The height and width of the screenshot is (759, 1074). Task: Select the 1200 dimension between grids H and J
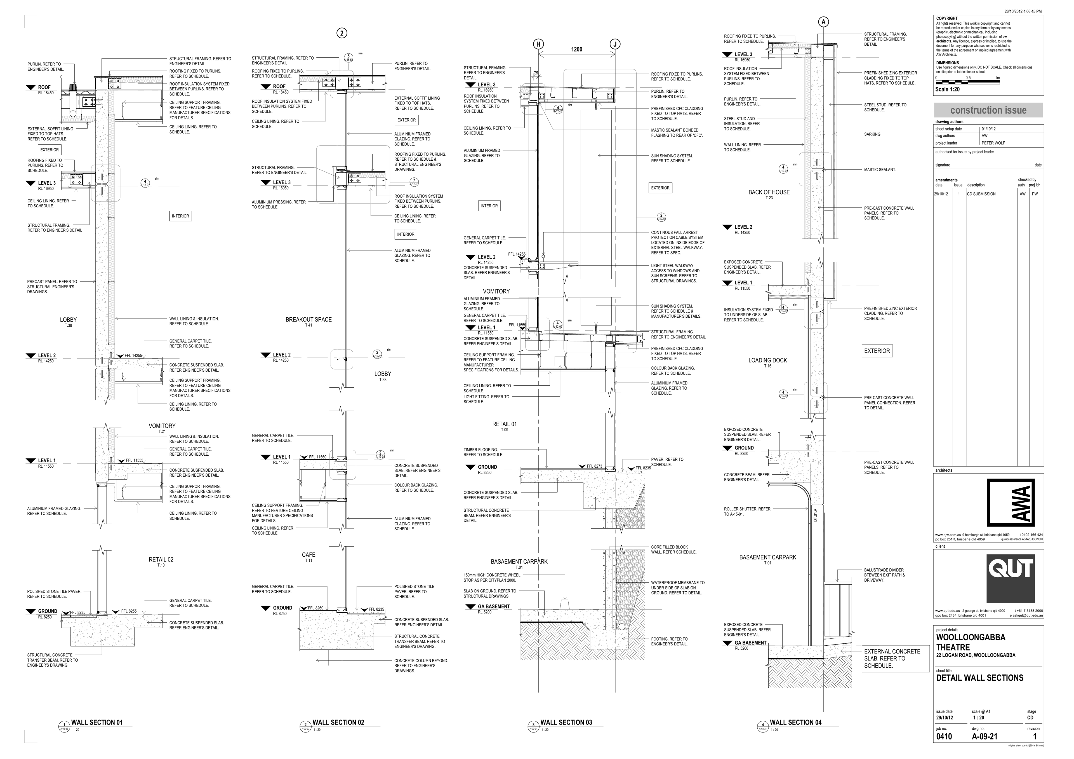pyautogui.click(x=577, y=50)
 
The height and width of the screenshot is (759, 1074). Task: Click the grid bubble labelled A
pyautogui.click(x=824, y=22)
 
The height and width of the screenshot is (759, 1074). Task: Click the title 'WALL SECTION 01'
pyautogui.click(x=96, y=723)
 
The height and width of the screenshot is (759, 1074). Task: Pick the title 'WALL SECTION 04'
pyautogui.click(x=795, y=723)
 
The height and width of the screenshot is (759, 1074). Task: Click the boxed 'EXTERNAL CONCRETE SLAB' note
pyautogui.click(x=894, y=659)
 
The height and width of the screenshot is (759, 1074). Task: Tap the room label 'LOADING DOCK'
pyautogui.click(x=768, y=360)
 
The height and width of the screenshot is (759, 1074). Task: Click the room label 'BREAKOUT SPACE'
pyautogui.click(x=309, y=320)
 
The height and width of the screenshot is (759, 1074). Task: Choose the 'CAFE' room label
pyautogui.click(x=309, y=555)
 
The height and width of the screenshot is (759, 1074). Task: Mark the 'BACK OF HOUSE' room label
pyautogui.click(x=769, y=192)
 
